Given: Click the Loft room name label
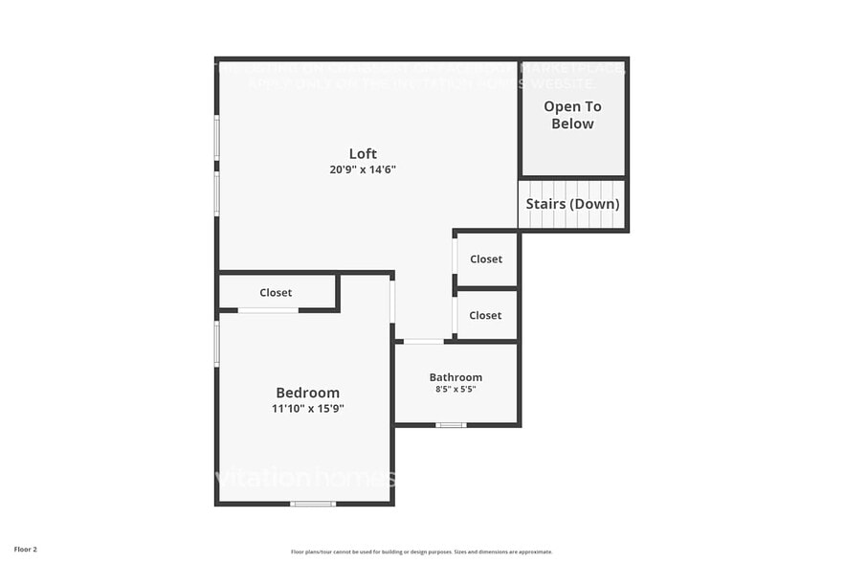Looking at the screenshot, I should click(x=363, y=153).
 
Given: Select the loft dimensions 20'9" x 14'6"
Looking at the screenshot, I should click(x=363, y=169).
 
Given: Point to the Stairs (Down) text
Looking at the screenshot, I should click(x=572, y=204).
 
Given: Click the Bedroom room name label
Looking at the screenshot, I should click(x=307, y=393).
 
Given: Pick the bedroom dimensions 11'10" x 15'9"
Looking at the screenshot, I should click(x=307, y=409).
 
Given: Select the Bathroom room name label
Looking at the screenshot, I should click(x=455, y=377).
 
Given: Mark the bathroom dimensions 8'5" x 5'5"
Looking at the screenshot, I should click(x=455, y=390).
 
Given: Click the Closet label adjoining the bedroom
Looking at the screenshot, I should click(x=276, y=293).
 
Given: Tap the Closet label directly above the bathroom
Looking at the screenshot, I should click(x=485, y=315).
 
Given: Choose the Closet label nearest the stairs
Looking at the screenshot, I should click(x=485, y=259).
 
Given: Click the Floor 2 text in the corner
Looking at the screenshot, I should click(x=26, y=550).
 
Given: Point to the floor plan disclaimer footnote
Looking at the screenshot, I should click(x=421, y=552).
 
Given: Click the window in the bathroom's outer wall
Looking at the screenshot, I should click(x=451, y=424).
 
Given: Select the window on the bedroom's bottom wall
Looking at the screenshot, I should click(x=313, y=504).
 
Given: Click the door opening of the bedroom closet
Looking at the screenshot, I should click(x=268, y=310).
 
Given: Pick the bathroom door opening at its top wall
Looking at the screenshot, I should click(x=423, y=341).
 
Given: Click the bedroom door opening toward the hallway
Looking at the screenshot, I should click(x=392, y=300).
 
